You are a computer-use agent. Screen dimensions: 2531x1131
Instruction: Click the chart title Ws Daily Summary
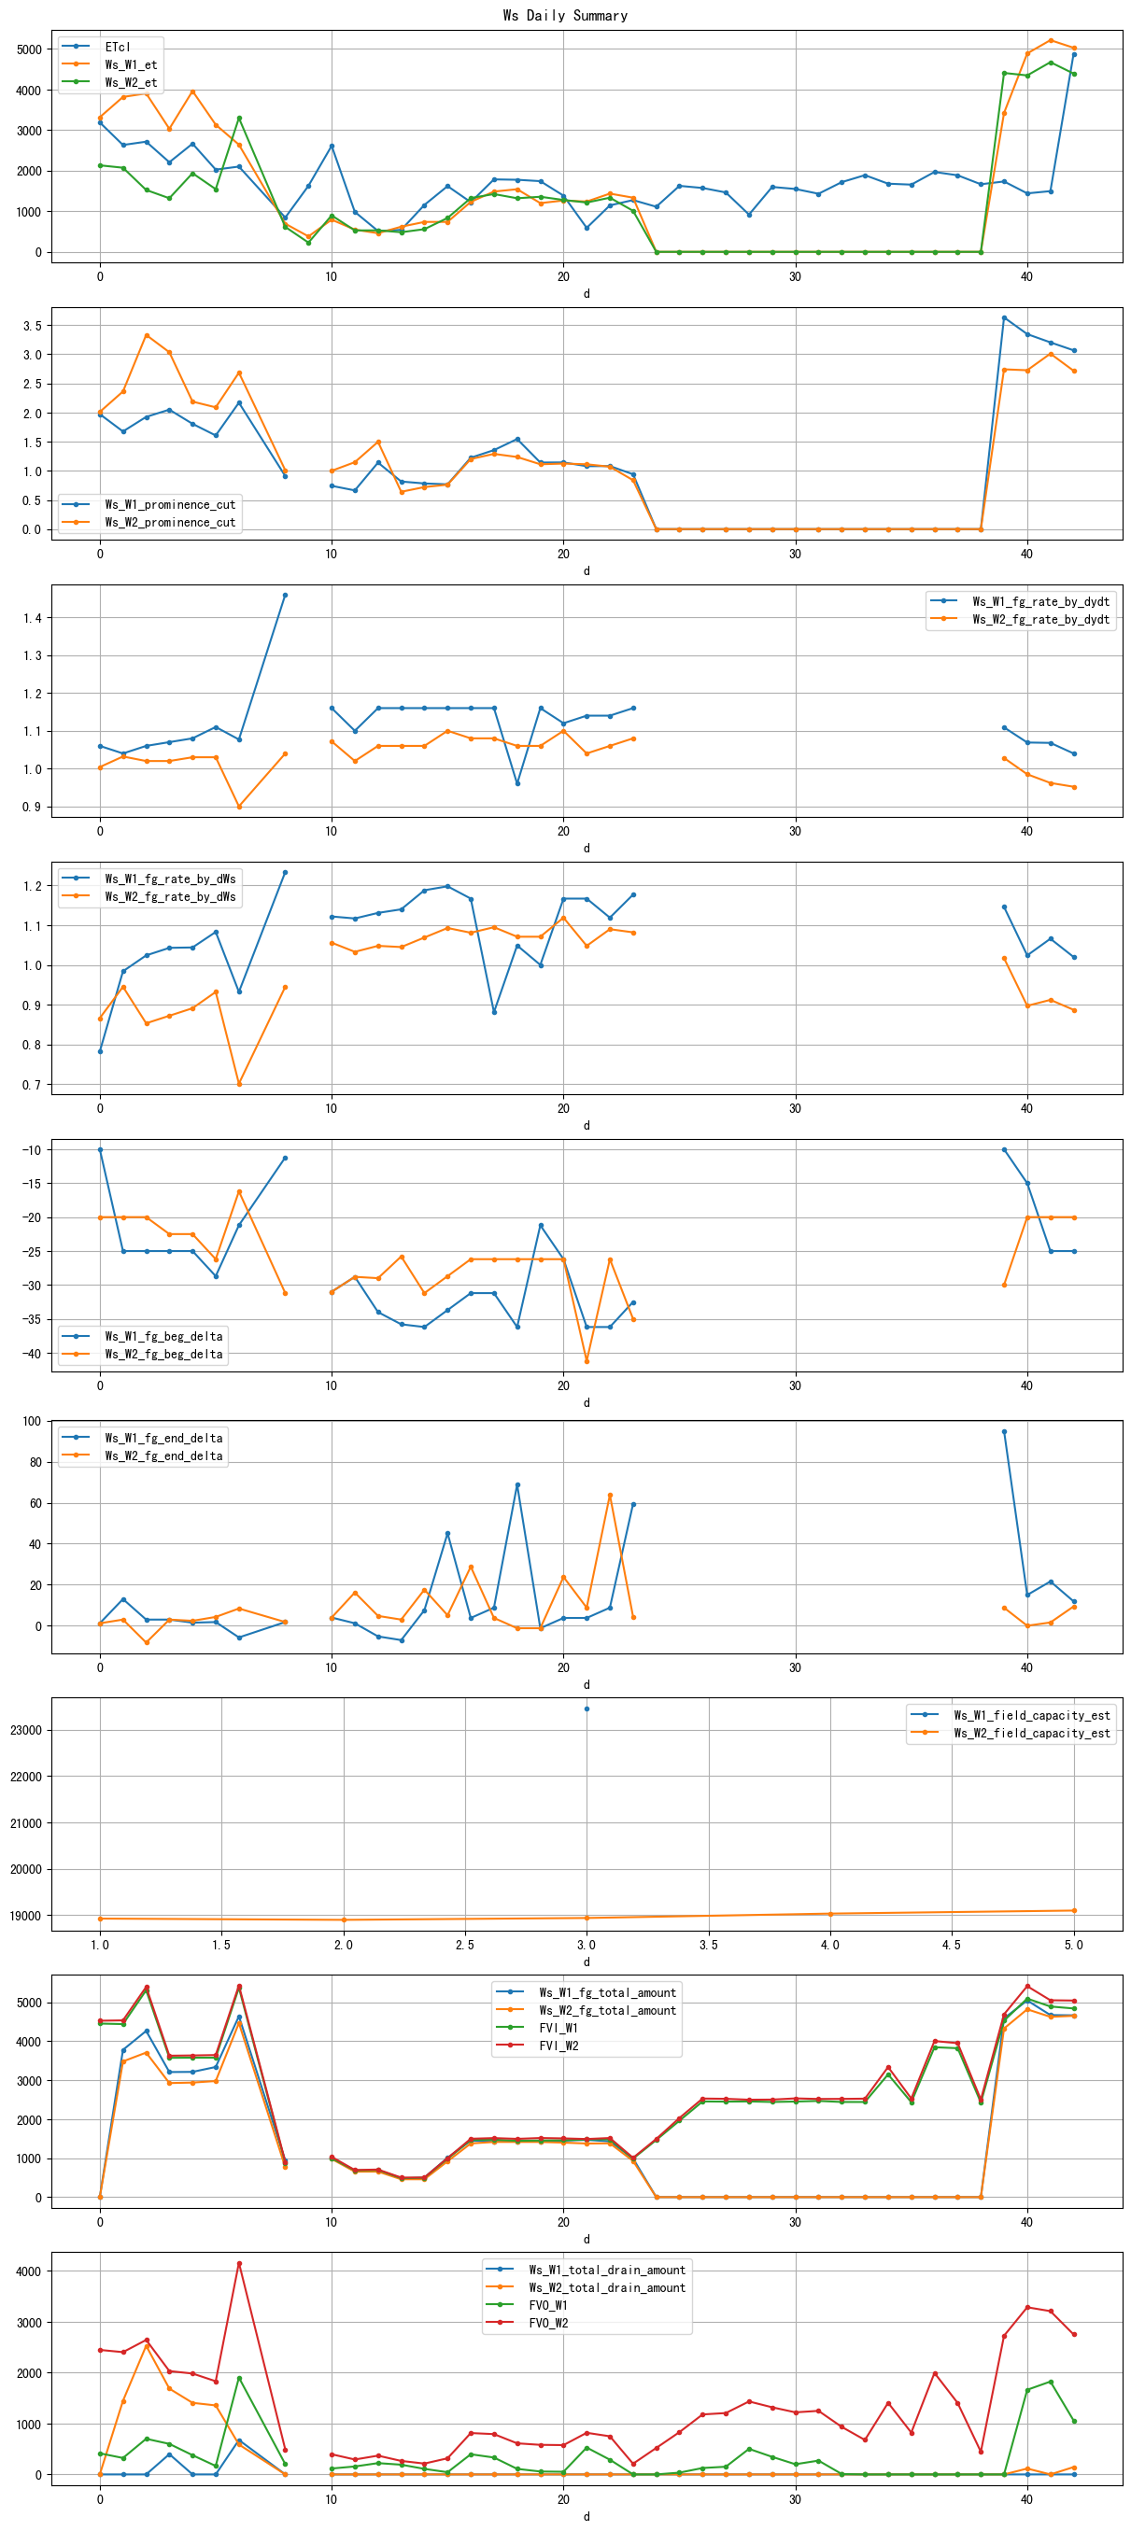pos(565,15)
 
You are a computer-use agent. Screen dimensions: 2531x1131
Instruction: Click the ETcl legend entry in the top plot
pos(117,46)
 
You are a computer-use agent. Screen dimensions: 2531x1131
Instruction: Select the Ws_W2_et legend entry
pos(131,81)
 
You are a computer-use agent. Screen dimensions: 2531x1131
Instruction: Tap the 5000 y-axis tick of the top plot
pos(30,49)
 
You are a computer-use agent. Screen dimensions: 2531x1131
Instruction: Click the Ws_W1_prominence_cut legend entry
pos(170,504)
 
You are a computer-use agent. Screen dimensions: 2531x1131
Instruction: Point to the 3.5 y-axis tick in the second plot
pos(32,325)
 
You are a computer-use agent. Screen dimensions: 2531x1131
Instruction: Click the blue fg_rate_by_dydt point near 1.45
pos(285,596)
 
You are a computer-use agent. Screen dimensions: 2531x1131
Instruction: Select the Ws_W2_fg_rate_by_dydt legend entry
pos(1040,619)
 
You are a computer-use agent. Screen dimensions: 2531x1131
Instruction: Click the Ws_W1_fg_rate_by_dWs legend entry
pos(170,879)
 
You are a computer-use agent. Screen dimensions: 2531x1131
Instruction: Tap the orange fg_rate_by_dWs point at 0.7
pos(239,1084)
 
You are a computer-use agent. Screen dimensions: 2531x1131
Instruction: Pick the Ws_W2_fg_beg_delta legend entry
pos(163,1354)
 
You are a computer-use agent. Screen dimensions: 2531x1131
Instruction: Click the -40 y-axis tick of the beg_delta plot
pos(30,1353)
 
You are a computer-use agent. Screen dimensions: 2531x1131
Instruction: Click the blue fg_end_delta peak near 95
pos(1004,1431)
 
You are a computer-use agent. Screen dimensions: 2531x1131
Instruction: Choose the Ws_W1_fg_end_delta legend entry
pos(163,1438)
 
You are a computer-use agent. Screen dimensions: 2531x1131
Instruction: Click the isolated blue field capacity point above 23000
pos(587,1708)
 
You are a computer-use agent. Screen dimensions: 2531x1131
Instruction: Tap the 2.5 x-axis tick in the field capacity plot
pos(465,1945)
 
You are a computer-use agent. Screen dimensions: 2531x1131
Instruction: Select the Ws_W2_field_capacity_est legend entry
pos(1032,1733)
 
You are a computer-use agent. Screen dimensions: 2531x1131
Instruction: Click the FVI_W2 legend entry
pos(558,2046)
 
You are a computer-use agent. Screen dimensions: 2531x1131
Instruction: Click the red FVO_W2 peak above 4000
pos(239,2264)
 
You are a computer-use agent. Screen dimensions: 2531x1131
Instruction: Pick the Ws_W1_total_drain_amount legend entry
pos(606,2270)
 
